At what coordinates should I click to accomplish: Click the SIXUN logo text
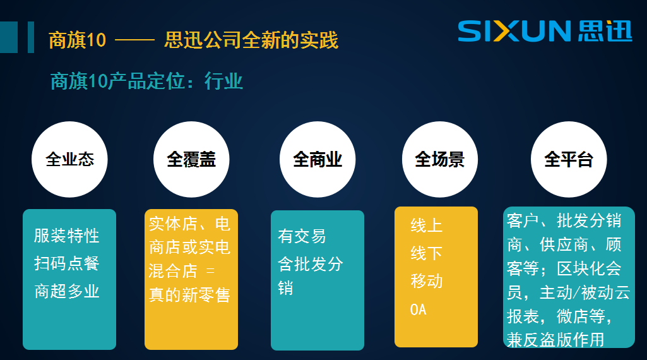tap(514, 31)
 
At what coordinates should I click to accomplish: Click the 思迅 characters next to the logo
tap(604, 31)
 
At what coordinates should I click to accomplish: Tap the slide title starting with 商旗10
tap(193, 40)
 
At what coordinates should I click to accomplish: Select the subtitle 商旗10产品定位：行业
tap(146, 81)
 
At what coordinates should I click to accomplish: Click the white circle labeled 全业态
tap(69, 159)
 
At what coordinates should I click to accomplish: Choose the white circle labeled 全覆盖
tap(191, 159)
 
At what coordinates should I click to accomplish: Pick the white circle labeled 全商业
tap(318, 159)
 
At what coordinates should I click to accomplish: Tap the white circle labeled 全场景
tap(439, 159)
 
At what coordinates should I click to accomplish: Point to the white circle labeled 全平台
tap(569, 159)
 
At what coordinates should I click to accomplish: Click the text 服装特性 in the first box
tap(67, 236)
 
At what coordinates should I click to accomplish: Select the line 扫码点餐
tap(67, 263)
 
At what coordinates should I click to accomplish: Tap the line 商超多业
tap(67, 291)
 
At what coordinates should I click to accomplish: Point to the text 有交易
tap(302, 236)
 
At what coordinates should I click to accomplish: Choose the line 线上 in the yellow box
tap(427, 225)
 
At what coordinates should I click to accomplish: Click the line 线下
tap(427, 253)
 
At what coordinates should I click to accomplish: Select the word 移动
tap(427, 281)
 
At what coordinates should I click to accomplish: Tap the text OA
tap(418, 309)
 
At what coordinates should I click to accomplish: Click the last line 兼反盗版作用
tap(555, 339)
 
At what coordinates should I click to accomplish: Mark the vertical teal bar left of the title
tap(30, 37)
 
